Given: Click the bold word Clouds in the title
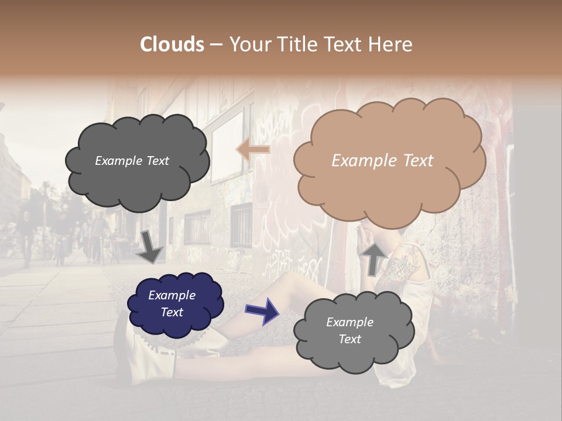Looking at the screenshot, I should tap(172, 44).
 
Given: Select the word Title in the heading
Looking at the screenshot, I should tap(300, 44).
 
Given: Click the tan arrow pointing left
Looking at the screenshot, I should tap(253, 150).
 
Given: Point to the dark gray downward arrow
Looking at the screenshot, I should tap(150, 247).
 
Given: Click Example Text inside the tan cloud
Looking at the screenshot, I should tap(382, 161).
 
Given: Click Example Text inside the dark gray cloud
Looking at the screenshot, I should tap(132, 161).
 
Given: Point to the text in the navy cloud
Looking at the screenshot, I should tap(172, 303).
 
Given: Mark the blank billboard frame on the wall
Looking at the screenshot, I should tap(227, 146).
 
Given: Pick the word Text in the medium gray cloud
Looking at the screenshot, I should tap(349, 339).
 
